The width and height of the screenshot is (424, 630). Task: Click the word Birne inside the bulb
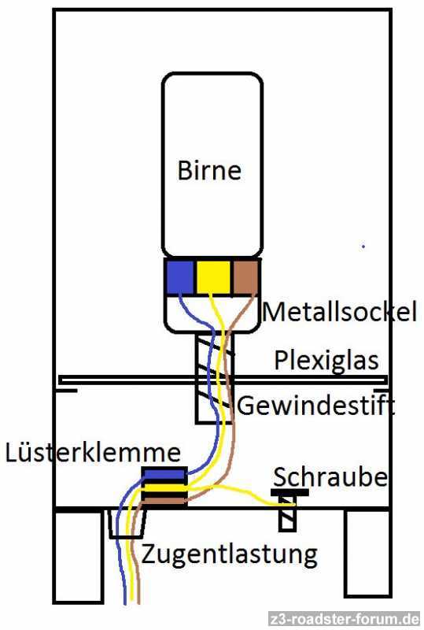point(209,170)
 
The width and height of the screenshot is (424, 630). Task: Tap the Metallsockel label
point(340,311)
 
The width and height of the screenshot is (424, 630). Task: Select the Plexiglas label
point(326,360)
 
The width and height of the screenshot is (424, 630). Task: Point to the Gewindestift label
point(316,405)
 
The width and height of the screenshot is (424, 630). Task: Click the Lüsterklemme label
point(93,452)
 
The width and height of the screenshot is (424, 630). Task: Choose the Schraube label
point(330,477)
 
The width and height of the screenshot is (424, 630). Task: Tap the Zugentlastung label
point(229,554)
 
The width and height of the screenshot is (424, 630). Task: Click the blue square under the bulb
point(179,277)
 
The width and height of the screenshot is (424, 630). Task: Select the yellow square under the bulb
point(213,277)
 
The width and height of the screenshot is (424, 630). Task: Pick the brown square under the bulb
point(245,277)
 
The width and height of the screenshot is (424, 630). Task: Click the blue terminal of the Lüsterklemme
point(164,474)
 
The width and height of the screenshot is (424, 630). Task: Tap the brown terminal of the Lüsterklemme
point(164,501)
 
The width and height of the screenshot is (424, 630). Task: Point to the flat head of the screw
point(290,492)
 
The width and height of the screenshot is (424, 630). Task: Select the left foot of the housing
point(78,558)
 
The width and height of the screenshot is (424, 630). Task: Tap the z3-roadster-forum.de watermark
point(345,619)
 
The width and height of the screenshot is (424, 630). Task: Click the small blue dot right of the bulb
point(363,246)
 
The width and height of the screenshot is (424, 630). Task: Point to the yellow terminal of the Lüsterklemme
point(164,487)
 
